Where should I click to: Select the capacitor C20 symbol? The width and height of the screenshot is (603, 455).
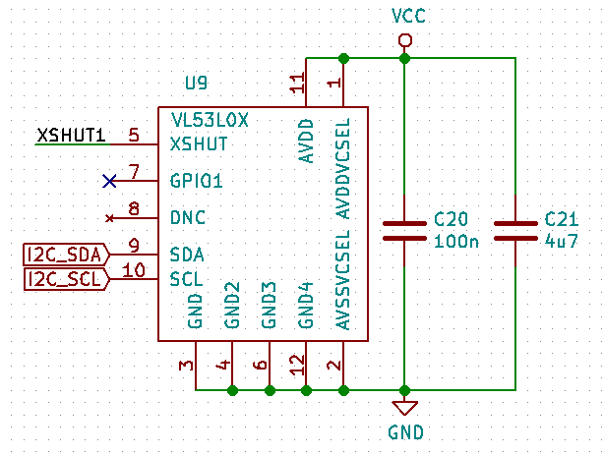pos(404,230)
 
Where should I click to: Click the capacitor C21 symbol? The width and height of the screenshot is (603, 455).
pos(515,230)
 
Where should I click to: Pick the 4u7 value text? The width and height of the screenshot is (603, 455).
pos(561,239)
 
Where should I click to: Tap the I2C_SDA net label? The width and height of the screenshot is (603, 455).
pos(64,255)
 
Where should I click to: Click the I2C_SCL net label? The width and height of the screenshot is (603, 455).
pos(64,279)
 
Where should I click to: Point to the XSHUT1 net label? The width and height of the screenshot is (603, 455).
pos(71,136)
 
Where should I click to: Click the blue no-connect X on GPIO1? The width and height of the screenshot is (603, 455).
pos(110,181)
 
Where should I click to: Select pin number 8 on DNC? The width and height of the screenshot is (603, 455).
pos(134,208)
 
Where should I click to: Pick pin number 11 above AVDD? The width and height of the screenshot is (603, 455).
pos(298,85)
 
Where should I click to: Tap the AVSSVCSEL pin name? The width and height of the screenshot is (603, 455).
pos(343,280)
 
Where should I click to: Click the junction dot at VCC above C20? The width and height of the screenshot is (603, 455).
pos(404,59)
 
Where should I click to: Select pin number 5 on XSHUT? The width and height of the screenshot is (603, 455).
pos(134,136)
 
